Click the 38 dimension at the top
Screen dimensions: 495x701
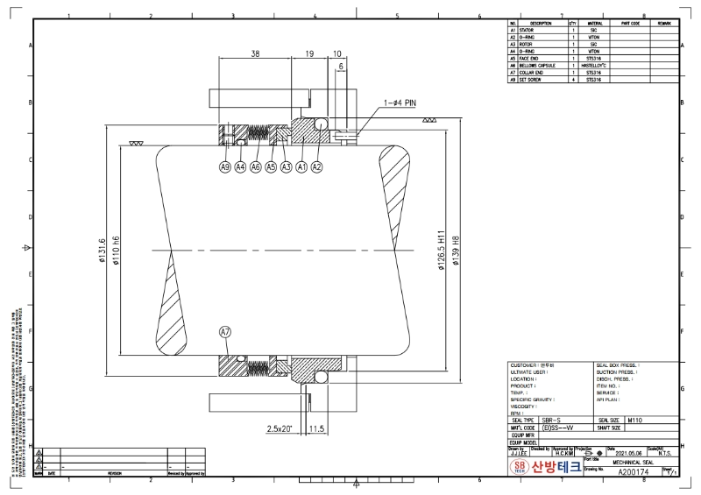click(x=255, y=54)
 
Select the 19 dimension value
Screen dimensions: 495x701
click(x=309, y=54)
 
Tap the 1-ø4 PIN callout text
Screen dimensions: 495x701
click(x=400, y=103)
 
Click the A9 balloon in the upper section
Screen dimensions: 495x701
click(x=225, y=166)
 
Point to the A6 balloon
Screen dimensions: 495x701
click(x=256, y=166)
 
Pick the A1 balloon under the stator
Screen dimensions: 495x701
click(x=301, y=166)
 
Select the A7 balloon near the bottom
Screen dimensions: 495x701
click(x=225, y=332)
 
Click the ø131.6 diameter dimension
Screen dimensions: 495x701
click(x=103, y=253)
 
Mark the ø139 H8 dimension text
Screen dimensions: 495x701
click(x=455, y=253)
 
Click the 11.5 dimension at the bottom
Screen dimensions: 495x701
click(x=317, y=429)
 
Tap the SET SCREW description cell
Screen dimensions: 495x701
click(x=534, y=80)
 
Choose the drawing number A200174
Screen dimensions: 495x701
click(x=634, y=471)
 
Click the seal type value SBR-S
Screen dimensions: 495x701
click(x=553, y=421)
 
